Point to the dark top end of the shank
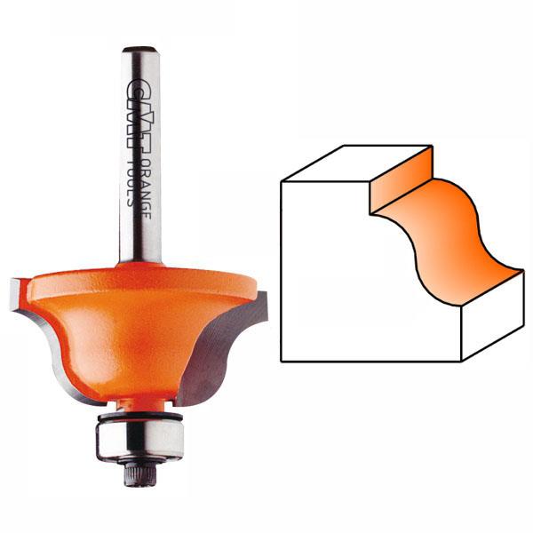coord(139,51)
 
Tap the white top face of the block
coord(355,164)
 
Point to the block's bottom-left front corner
coord(282,361)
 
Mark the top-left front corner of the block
coord(282,182)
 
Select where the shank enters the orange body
coord(139,261)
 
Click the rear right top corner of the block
coord(431,146)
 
